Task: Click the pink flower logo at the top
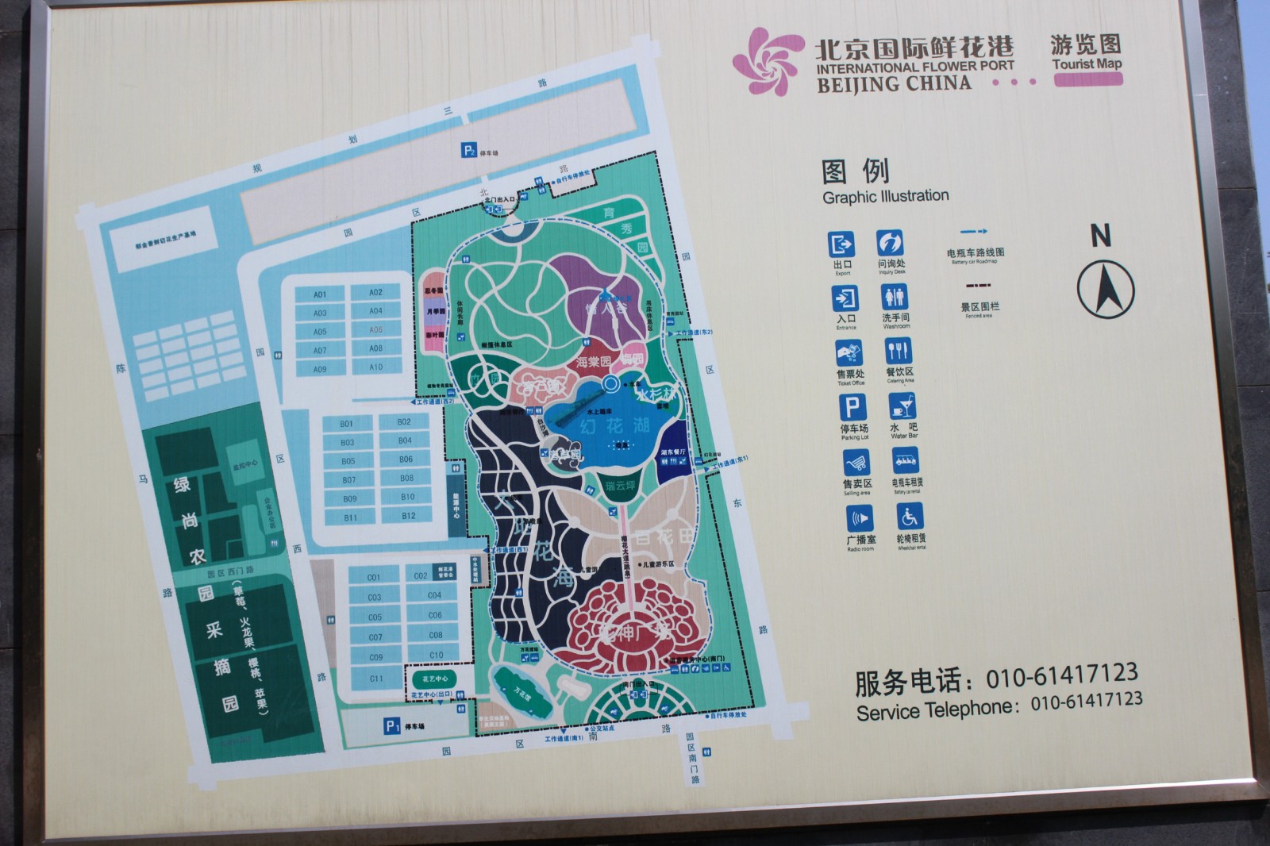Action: click(763, 61)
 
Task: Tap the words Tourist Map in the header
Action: click(1087, 64)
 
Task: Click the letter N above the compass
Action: click(1100, 236)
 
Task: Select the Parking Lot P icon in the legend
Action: click(852, 408)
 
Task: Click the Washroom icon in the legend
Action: click(895, 298)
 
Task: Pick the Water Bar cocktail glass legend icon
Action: click(902, 407)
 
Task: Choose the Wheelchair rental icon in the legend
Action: click(910, 517)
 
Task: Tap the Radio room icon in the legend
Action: click(859, 519)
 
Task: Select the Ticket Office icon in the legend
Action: click(849, 353)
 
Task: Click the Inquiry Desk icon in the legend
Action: click(890, 243)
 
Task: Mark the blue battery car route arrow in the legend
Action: click(974, 232)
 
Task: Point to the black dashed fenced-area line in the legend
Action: click(979, 285)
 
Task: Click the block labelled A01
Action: click(319, 294)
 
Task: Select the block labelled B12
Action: click(408, 516)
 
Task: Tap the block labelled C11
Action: click(376, 679)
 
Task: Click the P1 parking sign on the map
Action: click(392, 725)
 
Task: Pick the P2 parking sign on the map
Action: click(469, 151)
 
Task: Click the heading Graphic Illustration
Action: click(885, 196)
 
